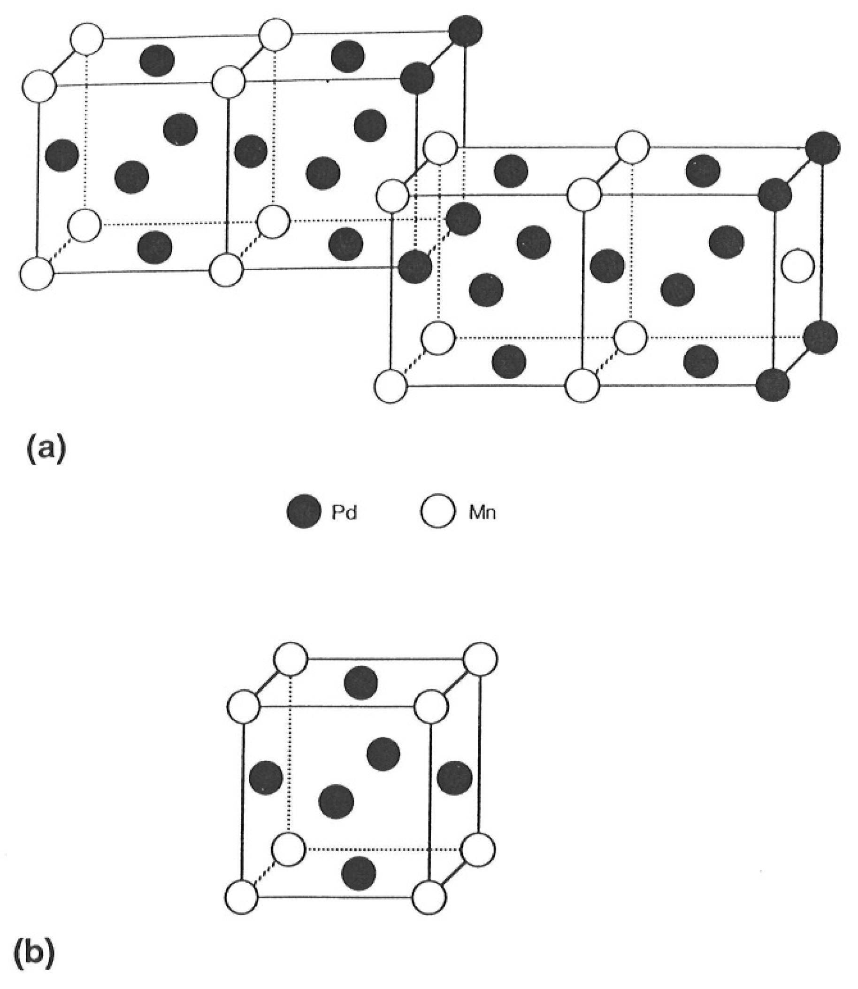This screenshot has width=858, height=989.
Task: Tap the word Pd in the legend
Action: tap(344, 513)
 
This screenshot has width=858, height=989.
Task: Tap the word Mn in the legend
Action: tap(482, 513)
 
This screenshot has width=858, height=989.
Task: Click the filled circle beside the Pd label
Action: tap(304, 512)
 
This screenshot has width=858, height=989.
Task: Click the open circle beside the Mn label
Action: tap(437, 512)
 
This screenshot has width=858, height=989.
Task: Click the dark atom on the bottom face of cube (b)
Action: tap(359, 872)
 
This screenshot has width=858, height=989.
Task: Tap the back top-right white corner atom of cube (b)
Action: tap(481, 659)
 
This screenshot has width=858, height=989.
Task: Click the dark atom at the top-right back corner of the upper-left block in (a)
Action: tap(466, 30)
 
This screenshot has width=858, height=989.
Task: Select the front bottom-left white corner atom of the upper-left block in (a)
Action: tap(37, 273)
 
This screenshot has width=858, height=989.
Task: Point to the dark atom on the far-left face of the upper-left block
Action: tap(62, 155)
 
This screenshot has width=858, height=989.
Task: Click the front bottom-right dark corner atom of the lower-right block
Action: tap(773, 385)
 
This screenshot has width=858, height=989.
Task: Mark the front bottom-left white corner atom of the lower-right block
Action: tap(390, 386)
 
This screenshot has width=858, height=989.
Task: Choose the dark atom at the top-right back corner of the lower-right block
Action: tap(823, 147)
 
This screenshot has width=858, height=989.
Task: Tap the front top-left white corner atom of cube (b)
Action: tap(244, 706)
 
